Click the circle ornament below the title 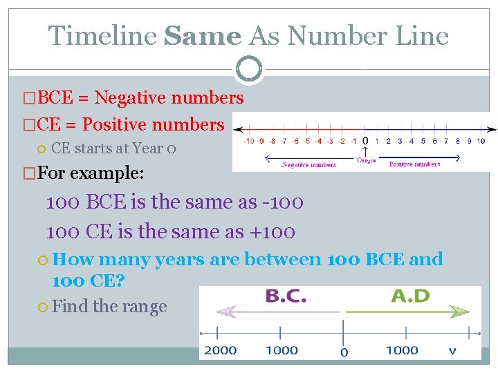(x=249, y=69)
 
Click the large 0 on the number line (x=365, y=140)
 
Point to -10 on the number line (x=249, y=142)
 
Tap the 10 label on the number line (x=481, y=142)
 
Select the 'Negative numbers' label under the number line (x=308, y=165)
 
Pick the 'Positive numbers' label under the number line (x=414, y=164)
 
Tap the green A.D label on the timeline (x=410, y=296)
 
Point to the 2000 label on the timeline (x=220, y=350)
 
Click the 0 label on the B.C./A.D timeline (x=344, y=352)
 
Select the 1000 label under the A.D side (x=402, y=350)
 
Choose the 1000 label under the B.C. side (x=282, y=350)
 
